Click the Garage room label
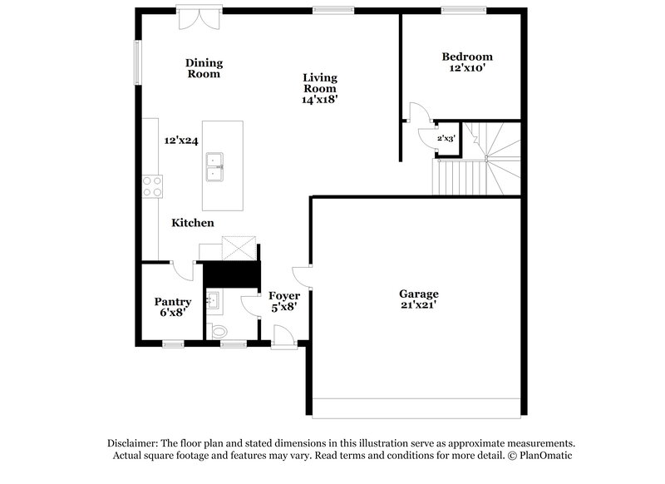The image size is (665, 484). click(418, 294)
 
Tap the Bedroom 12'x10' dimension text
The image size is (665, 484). click(466, 70)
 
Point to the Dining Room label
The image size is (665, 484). click(204, 67)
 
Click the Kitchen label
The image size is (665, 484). click(193, 223)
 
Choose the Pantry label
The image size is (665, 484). click(173, 302)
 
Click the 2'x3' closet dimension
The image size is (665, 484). click(446, 139)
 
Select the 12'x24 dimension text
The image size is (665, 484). click(180, 141)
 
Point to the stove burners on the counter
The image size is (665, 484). click(152, 185)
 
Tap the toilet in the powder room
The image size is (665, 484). click(220, 331)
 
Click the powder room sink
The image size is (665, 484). click(213, 299)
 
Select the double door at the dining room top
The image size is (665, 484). click(199, 16)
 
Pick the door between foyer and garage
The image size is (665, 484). click(303, 276)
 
